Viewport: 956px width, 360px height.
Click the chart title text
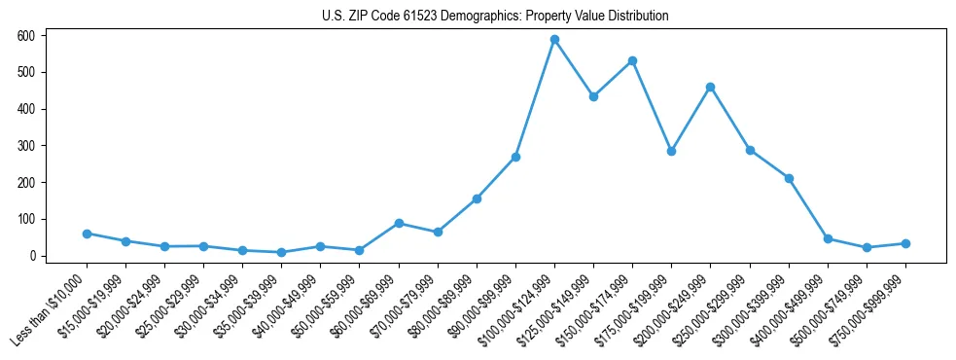coord(495,17)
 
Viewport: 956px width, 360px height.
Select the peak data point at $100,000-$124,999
coord(554,40)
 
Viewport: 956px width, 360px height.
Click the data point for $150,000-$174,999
coord(632,60)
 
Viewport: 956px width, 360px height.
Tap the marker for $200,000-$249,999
coord(710,88)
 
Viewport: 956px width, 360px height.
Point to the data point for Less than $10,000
coord(87,234)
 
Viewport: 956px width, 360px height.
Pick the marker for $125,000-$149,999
coord(593,96)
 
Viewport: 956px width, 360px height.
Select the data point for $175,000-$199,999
coord(671,152)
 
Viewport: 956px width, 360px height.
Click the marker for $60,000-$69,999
coord(399,224)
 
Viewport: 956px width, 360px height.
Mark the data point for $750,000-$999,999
coord(905,243)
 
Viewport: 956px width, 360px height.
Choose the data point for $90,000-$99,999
coord(515,157)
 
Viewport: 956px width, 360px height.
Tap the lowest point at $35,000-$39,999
coord(281,253)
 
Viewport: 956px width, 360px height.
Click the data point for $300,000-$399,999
coord(789,178)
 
